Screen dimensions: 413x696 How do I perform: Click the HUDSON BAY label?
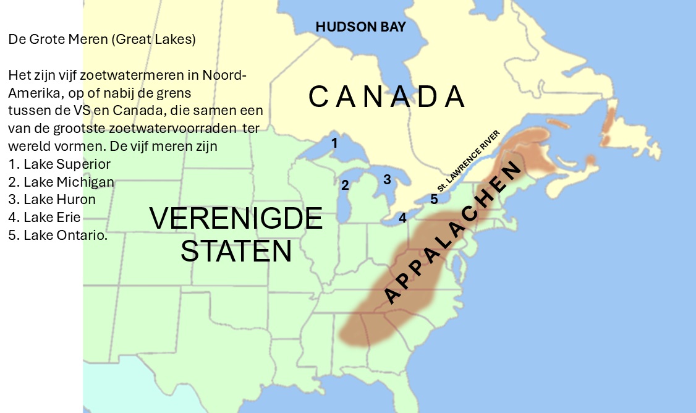coord(360,27)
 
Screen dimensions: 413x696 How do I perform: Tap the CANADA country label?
coord(386,97)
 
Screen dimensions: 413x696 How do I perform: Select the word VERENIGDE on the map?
coord(236,219)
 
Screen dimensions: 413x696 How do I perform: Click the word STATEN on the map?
coord(236,251)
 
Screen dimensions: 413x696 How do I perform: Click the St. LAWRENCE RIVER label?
coord(468,161)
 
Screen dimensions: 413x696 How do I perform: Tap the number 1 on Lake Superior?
coord(334,143)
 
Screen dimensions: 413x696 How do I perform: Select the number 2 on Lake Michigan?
coord(345,184)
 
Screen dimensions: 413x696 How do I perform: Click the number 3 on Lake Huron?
coord(387,179)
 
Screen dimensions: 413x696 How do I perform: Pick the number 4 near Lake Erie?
coord(402,218)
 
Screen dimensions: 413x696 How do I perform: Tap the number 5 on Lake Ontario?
coord(434,199)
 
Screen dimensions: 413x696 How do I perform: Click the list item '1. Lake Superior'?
coord(59,164)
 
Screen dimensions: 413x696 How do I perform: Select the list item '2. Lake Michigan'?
coord(61,182)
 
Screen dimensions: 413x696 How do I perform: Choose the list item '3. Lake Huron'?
coord(52,200)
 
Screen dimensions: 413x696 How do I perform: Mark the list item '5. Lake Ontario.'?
coord(58,236)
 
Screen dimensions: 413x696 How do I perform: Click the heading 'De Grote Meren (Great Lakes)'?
coord(102,40)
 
